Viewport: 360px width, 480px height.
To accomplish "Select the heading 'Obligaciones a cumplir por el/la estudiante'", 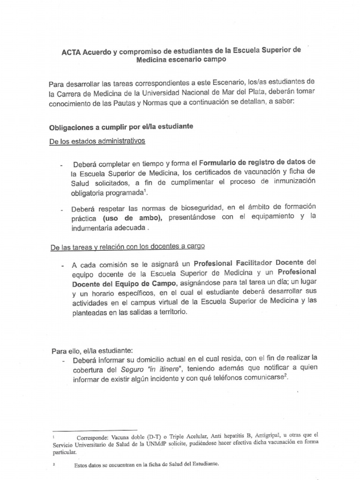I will coord(121,127).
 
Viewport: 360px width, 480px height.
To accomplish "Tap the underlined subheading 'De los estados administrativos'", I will coord(97,141).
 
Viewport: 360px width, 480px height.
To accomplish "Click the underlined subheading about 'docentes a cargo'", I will coord(127,246).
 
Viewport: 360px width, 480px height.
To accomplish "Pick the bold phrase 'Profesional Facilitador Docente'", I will coord(249,262).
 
